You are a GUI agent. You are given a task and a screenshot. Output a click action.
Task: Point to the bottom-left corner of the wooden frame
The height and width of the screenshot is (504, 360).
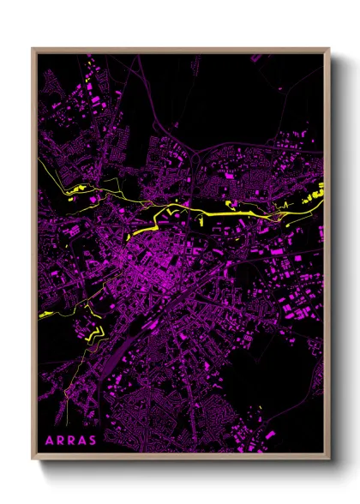coord(33,459)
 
